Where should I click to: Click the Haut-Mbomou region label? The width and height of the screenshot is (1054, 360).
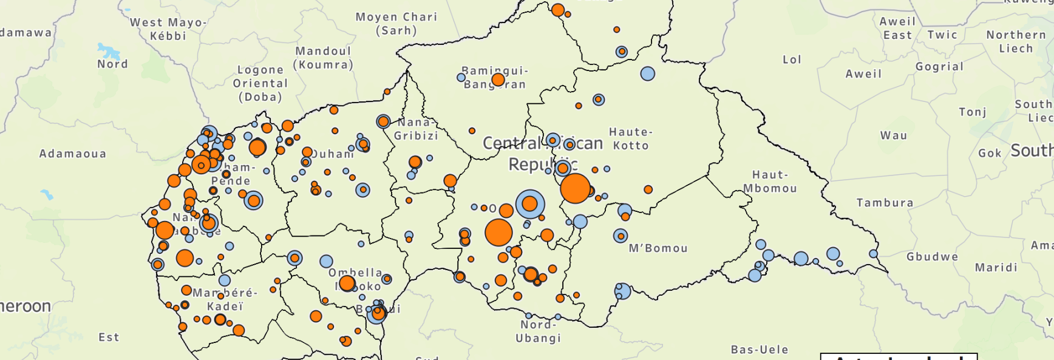(770, 182)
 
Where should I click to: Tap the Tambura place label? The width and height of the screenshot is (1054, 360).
(885, 203)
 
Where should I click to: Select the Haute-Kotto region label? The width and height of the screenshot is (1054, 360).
(631, 138)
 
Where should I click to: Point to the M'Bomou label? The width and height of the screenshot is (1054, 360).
(658, 248)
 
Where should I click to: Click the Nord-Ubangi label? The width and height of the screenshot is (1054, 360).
(538, 331)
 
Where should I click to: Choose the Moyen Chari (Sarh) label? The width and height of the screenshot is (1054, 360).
(396, 24)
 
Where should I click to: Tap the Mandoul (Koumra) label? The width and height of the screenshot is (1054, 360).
(323, 58)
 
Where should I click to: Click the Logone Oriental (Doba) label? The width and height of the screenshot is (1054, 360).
(260, 83)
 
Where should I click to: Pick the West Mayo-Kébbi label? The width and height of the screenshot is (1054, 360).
(168, 29)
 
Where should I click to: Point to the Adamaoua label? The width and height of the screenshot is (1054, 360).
(73, 154)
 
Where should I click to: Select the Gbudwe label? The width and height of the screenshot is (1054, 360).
(933, 257)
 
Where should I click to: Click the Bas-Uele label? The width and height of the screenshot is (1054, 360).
(760, 350)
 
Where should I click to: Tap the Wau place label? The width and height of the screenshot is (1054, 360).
(894, 135)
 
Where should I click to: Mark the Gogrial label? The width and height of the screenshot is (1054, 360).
(939, 67)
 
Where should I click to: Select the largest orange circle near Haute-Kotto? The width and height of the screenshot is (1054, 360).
(575, 188)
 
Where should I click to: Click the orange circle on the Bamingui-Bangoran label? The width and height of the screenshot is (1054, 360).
(498, 80)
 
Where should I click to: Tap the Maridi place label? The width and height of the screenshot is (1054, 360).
(996, 268)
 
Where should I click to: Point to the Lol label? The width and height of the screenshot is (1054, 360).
(792, 59)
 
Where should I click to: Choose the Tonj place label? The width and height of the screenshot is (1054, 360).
(972, 112)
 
